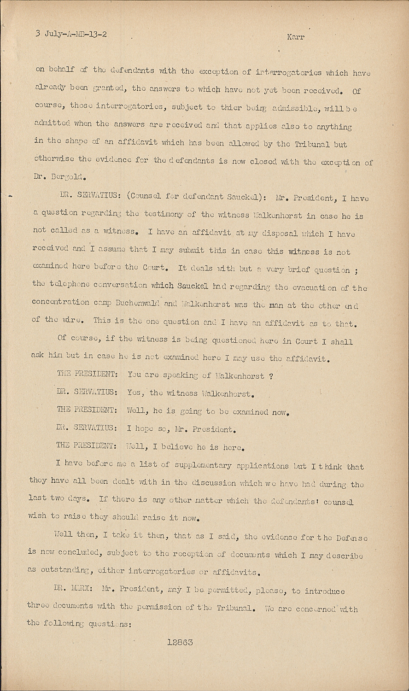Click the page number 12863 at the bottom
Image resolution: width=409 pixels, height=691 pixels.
point(180,642)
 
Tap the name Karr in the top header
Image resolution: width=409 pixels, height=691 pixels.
point(295,37)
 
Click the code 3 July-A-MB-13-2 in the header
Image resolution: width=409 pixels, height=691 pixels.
point(71,34)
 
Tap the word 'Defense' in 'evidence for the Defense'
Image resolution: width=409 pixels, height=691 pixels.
point(351,538)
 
